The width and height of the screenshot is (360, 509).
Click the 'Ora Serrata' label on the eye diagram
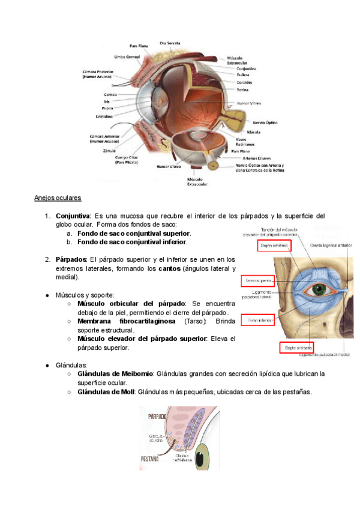click(170, 43)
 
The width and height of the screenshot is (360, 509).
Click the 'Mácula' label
click(253, 131)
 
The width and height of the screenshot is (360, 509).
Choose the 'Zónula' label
click(109, 151)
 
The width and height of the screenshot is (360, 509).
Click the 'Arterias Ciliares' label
click(247, 158)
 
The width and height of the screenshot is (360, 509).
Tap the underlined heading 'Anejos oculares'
click(58, 197)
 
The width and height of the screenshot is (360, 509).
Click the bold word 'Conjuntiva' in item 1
click(73, 215)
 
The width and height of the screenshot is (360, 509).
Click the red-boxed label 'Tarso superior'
click(259, 280)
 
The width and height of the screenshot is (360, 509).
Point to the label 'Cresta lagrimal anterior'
click(331, 245)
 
